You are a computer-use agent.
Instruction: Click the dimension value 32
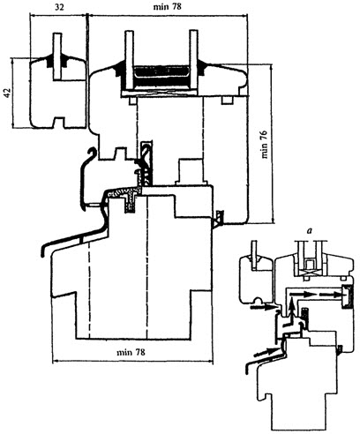click(59, 7)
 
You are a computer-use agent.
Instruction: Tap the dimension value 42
click(8, 94)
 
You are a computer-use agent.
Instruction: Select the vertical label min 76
click(265, 144)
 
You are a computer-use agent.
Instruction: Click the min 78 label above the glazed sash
click(167, 6)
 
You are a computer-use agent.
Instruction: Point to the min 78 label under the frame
click(131, 352)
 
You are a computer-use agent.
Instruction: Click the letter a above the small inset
click(309, 231)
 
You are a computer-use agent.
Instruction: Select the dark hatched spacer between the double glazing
click(161, 77)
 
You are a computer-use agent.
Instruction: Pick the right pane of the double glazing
click(193, 60)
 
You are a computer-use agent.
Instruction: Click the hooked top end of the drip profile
click(94, 151)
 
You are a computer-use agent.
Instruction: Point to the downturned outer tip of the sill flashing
click(43, 251)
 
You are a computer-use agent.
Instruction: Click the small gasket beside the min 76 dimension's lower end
click(219, 219)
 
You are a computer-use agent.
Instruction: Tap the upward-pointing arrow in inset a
click(291, 308)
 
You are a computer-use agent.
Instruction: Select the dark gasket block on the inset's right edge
click(347, 297)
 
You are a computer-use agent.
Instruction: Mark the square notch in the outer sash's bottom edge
click(58, 123)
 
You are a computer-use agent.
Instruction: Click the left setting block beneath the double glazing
click(132, 101)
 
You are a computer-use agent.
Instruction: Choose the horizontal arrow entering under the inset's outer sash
click(263, 307)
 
